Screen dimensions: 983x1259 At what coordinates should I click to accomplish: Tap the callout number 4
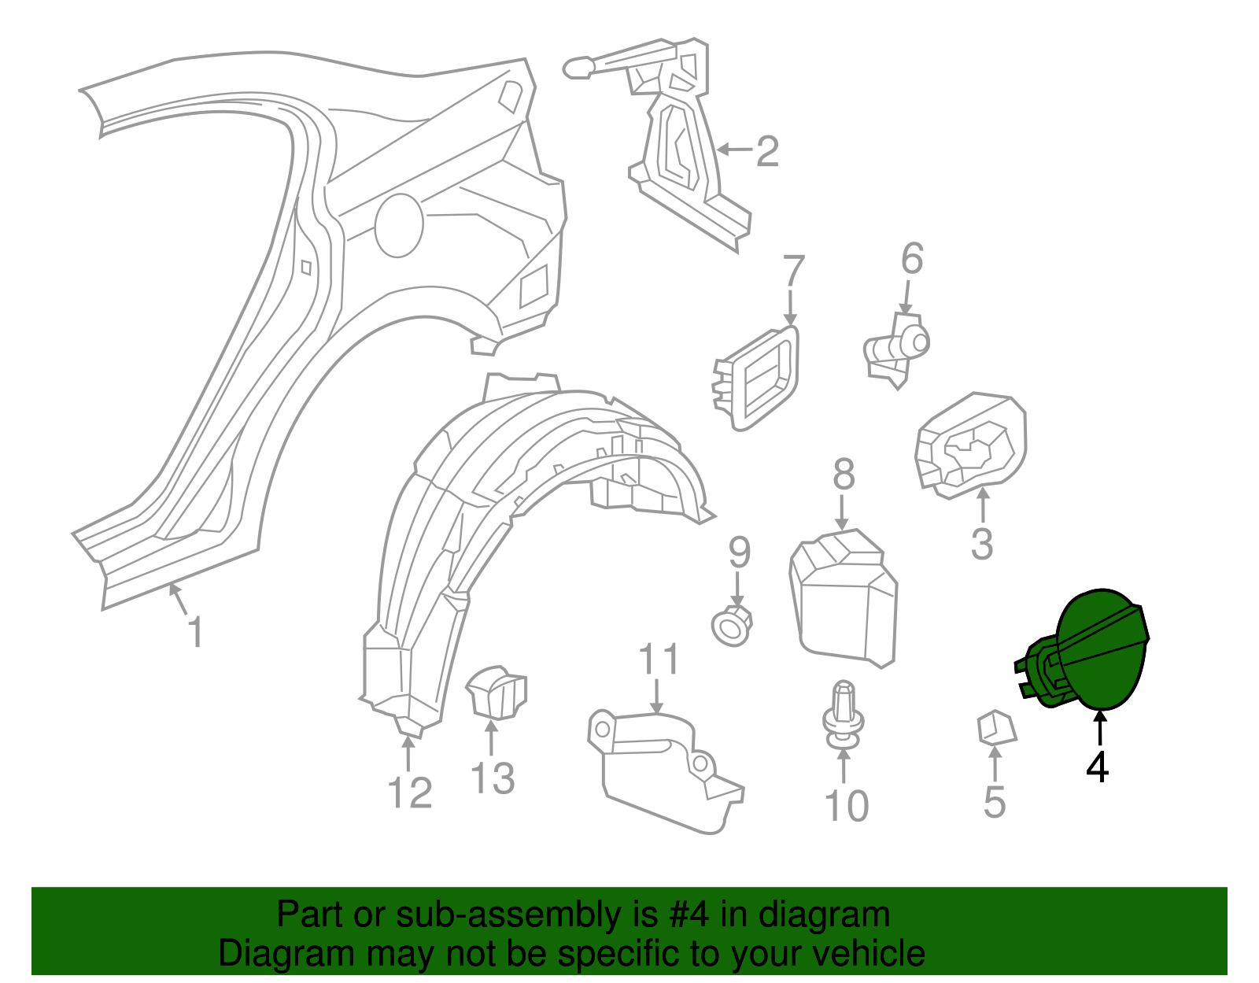(x=1098, y=767)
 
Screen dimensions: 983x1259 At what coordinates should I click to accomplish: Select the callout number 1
(x=195, y=632)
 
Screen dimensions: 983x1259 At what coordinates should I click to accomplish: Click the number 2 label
(x=767, y=151)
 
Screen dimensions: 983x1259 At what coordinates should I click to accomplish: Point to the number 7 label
(x=793, y=272)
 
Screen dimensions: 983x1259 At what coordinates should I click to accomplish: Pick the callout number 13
(x=493, y=778)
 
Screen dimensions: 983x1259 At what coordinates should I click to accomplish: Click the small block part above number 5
(x=996, y=727)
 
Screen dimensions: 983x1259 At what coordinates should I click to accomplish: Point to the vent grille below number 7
(x=757, y=379)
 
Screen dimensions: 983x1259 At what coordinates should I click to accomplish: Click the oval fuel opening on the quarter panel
(x=399, y=225)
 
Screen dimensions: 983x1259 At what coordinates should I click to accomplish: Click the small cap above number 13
(x=497, y=692)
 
